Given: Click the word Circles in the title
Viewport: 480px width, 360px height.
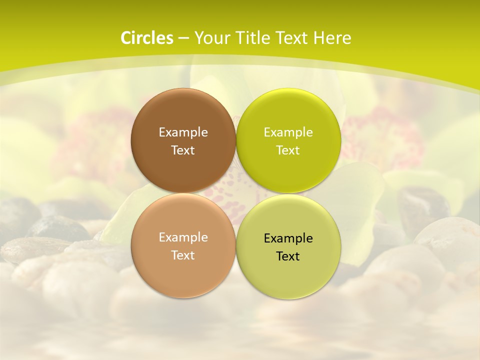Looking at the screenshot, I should [146, 38].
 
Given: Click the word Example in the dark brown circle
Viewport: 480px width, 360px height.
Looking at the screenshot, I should [183, 132].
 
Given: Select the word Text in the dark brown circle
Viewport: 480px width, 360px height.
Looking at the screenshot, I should [183, 150].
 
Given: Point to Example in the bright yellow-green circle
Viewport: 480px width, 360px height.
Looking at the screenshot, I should [288, 132].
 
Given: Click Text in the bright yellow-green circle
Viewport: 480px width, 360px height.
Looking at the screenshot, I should [288, 150].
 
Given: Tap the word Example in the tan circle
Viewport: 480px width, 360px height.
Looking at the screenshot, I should [183, 237].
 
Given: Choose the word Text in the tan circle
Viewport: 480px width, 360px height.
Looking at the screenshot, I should [183, 255].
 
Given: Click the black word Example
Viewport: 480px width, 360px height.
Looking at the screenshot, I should [288, 238].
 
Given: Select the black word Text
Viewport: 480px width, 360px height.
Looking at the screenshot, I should [288, 256].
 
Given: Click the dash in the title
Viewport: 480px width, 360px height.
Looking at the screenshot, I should [183, 38].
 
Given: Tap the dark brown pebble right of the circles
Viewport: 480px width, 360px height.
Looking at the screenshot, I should [422, 205].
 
